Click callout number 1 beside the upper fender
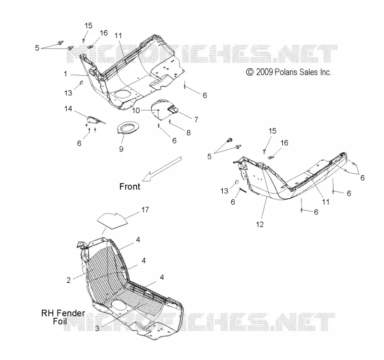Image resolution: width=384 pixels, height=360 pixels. [x=65, y=74]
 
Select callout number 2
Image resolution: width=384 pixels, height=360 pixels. [x=69, y=280]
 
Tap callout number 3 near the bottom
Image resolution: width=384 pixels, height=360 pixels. [x=97, y=328]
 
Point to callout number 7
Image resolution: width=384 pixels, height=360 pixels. [x=196, y=120]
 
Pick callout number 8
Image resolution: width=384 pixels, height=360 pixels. [x=188, y=133]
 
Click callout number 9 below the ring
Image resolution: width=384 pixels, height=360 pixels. [x=121, y=149]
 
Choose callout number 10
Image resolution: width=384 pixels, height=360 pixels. [x=136, y=110]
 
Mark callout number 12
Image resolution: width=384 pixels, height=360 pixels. [x=260, y=224]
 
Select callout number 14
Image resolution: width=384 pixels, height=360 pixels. [x=68, y=108]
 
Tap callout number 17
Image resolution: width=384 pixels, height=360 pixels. [x=145, y=210]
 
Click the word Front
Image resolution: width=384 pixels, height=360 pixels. [x=130, y=187]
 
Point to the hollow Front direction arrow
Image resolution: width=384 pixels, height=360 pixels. [x=162, y=169]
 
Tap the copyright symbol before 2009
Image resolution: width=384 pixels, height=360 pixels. [x=250, y=72]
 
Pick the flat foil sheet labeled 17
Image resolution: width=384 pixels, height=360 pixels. [x=113, y=221]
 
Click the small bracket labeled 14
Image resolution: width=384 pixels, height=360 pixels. [x=94, y=120]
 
